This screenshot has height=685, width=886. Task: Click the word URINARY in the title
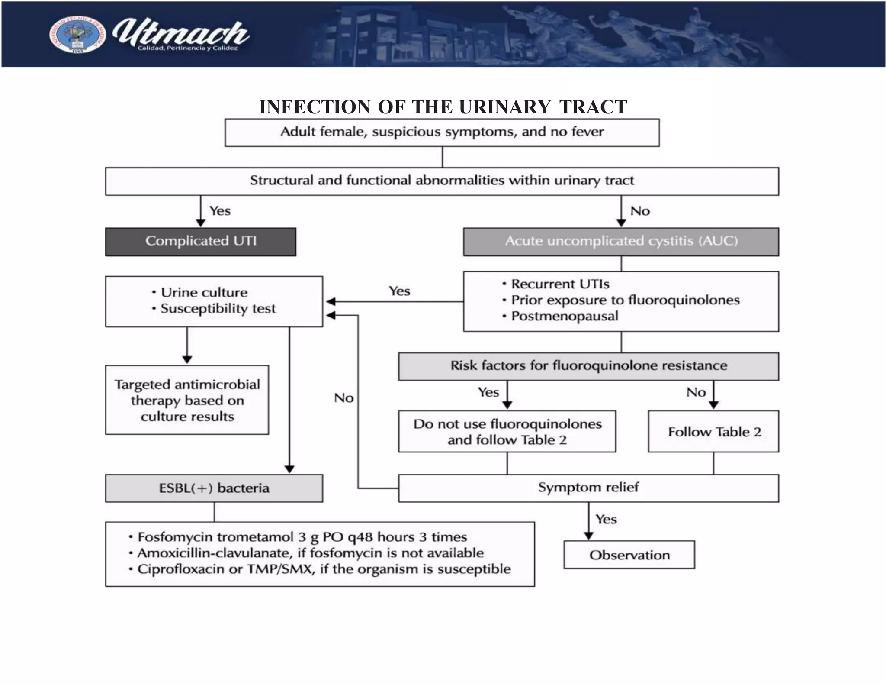point(504,107)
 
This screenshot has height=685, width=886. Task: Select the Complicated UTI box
point(200,242)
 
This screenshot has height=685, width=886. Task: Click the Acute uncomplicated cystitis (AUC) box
point(621,242)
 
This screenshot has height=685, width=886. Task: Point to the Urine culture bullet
point(204,292)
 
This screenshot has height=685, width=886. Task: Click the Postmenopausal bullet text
point(564,316)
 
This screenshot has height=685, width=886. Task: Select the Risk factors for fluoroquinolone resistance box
point(588,366)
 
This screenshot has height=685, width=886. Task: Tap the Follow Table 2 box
point(713,432)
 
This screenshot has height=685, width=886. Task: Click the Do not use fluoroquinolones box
point(507,432)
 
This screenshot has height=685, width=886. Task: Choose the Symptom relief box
point(588,488)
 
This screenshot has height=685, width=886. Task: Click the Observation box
point(629,555)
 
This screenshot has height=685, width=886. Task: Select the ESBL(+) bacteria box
point(214,488)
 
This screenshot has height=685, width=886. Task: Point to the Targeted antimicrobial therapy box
point(187,400)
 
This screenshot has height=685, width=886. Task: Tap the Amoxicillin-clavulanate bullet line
point(310,553)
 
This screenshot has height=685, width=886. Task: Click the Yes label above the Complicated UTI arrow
point(220,211)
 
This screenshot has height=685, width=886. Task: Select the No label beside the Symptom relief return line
point(344,398)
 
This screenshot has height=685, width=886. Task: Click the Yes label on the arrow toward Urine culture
point(399,291)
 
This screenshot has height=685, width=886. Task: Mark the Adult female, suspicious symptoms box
point(442,132)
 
